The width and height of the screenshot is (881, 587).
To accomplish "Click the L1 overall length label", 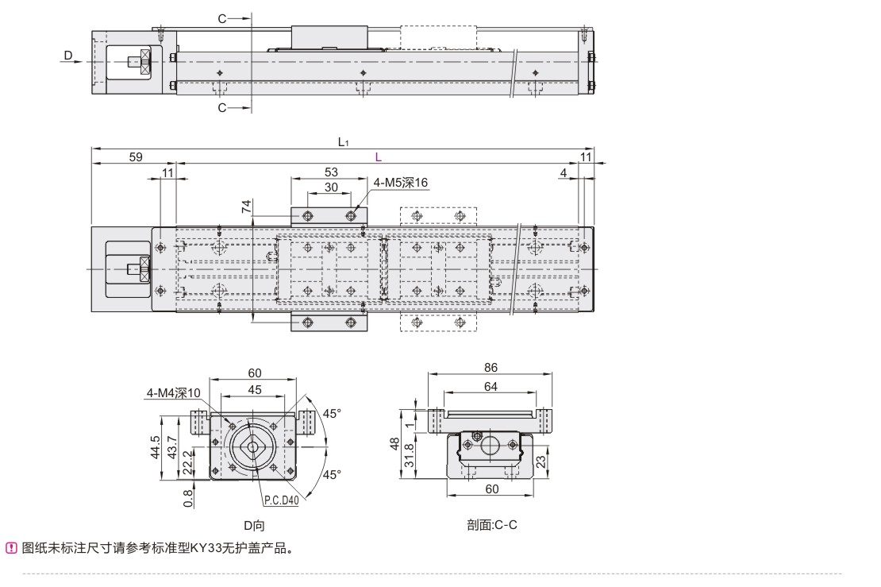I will point(343,142).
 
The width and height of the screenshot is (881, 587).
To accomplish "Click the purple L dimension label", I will point(379,157).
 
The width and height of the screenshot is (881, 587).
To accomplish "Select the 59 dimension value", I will point(136,157).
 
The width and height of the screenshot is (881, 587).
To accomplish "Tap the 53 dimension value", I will point(332,172).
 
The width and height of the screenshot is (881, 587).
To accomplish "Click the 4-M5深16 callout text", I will point(401,183).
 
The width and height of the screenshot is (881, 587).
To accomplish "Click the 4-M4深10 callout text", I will point(174,392).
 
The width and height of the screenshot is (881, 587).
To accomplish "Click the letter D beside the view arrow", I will point(68,56).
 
